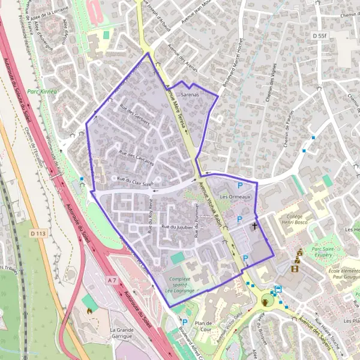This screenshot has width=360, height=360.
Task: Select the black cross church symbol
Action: point(255,226)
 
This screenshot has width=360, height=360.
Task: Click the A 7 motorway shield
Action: point(112,280)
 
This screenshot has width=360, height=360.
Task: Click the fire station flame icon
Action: point(90,311)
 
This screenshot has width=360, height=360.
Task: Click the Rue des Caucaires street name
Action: point(137,157)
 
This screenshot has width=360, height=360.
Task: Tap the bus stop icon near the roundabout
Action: point(278,288)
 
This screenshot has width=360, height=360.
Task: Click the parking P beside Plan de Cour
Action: point(185,322)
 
